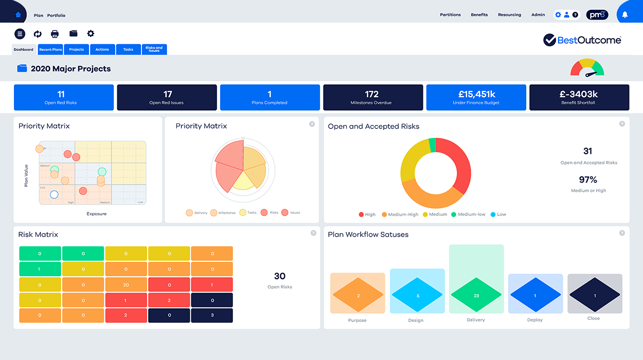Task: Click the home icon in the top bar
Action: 19,14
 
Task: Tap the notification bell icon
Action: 625,14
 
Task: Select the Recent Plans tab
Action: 50,49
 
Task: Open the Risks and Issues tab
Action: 154,49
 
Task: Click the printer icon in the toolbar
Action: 55,34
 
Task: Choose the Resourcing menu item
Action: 509,15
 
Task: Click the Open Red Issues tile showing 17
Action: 167,97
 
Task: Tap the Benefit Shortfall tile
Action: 579,97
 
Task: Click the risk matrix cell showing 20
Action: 126,284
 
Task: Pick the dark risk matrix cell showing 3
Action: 211,315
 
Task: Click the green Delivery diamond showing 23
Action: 476,296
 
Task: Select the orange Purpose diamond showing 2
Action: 358,296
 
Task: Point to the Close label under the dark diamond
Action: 593,318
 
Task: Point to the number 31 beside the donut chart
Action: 588,151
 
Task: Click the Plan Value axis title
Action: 26,175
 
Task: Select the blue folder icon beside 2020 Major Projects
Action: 22,68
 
